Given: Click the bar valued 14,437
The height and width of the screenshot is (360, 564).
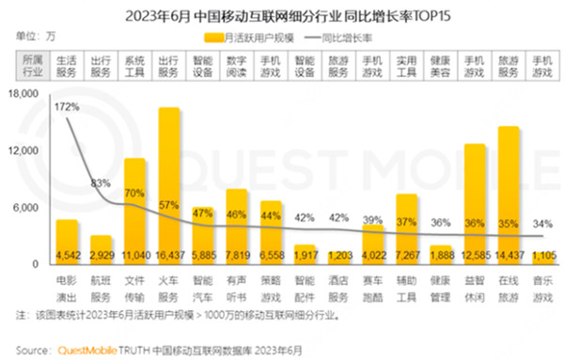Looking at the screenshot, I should (x=509, y=188).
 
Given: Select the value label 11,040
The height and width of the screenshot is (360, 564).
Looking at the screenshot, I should (x=135, y=254).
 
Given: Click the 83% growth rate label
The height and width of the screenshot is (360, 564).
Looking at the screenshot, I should (x=102, y=183).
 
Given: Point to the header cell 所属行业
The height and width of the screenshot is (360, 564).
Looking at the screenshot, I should (x=32, y=66).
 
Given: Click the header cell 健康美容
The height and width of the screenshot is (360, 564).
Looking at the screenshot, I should (x=441, y=66).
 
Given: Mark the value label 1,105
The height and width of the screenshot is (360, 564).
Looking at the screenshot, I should (x=542, y=254).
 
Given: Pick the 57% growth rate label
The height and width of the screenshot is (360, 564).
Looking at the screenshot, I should (x=169, y=205).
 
